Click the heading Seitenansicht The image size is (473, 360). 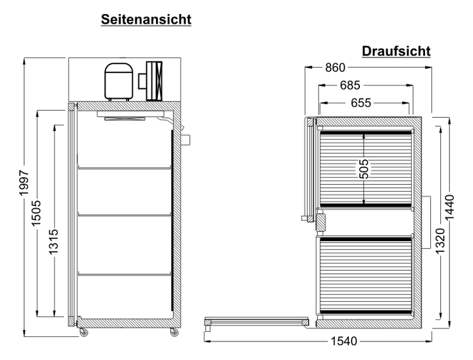(x=146, y=20)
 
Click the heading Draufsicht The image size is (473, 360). (x=396, y=51)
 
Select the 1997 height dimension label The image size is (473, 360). (x=24, y=183)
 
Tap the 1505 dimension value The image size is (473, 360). (x=36, y=213)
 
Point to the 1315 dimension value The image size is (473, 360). (x=54, y=242)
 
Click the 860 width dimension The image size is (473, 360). (x=335, y=68)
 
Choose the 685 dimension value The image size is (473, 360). (x=350, y=86)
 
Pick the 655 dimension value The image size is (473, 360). (x=361, y=103)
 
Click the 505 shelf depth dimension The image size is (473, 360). (x=364, y=169)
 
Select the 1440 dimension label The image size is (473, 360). (x=449, y=208)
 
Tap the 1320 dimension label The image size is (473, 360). (x=440, y=241)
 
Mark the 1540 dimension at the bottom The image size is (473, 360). (x=344, y=341)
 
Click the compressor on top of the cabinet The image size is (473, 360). (x=118, y=81)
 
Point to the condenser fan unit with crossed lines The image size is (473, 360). (x=154, y=81)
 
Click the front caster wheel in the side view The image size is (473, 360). (x=83, y=333)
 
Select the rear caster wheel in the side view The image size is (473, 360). (x=174, y=333)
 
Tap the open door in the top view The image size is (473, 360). (x=256, y=322)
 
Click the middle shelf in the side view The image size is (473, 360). (x=124, y=215)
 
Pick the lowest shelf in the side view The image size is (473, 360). (x=124, y=274)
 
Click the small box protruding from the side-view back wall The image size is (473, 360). (x=185, y=140)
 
